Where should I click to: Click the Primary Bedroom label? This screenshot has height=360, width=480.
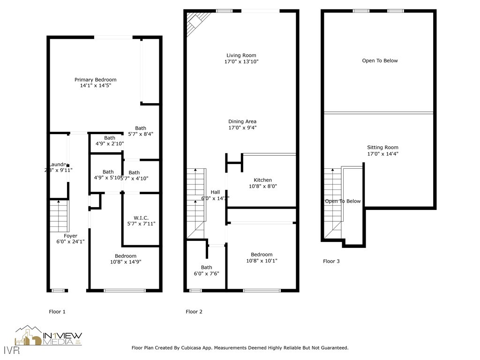[95, 80]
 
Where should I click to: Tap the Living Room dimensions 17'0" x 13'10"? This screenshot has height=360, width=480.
[241, 61]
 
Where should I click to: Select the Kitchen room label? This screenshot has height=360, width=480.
[262, 180]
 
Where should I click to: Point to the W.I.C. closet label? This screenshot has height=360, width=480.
[141, 217]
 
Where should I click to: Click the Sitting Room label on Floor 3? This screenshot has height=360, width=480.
[382, 147]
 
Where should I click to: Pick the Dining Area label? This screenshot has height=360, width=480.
[242, 121]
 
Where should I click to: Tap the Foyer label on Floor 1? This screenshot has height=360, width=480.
[70, 236]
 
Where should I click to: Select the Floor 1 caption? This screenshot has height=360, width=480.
[57, 311]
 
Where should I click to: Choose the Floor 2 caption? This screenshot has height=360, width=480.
[194, 312]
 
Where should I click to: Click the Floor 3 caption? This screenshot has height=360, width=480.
[331, 261]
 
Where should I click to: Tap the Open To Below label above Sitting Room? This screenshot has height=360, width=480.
[380, 60]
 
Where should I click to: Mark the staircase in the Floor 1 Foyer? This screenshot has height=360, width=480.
[59, 216]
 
